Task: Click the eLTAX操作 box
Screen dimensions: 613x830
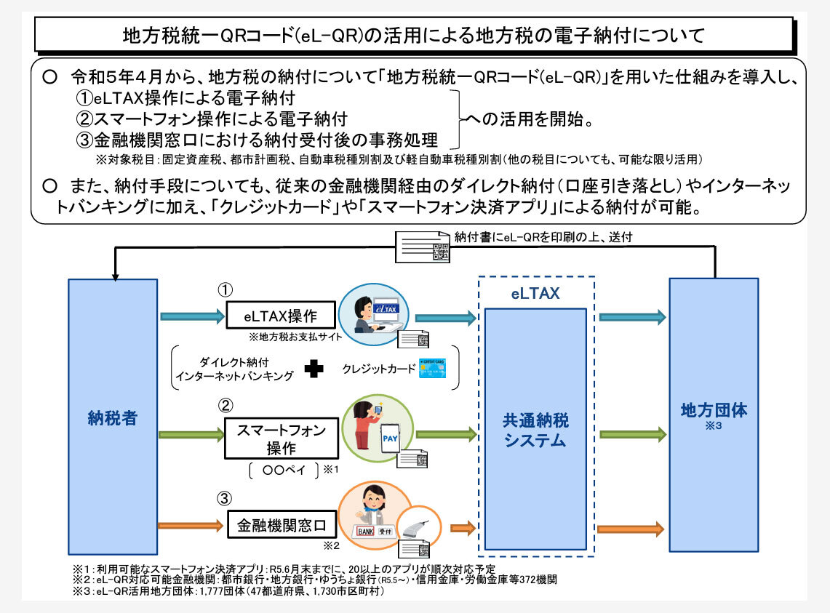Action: [x=280, y=317]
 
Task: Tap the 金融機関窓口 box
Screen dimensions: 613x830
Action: [x=280, y=524]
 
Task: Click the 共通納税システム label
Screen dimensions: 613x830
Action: [x=536, y=430]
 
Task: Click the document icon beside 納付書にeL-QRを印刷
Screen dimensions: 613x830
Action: [x=423, y=247]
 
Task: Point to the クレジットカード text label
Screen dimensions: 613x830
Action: [x=378, y=369]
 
